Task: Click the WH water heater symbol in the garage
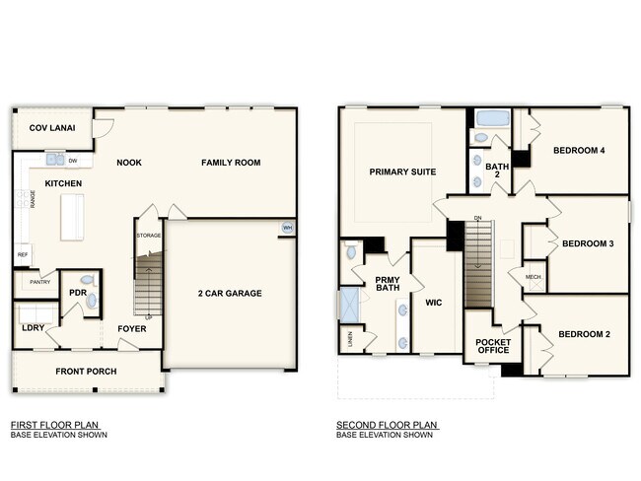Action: point(287,228)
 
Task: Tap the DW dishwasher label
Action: point(73,160)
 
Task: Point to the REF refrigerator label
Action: point(22,255)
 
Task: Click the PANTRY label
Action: point(39,282)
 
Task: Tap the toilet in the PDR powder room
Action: point(86,281)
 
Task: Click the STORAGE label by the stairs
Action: point(149,236)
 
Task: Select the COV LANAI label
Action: point(48,128)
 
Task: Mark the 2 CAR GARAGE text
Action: point(229,294)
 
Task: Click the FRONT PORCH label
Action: point(87,371)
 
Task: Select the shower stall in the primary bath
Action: point(349,304)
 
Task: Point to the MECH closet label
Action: point(534,277)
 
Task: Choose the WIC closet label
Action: point(432,303)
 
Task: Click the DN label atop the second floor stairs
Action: point(477,218)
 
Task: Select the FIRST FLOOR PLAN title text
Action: point(59,425)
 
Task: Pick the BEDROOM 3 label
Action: point(588,243)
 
